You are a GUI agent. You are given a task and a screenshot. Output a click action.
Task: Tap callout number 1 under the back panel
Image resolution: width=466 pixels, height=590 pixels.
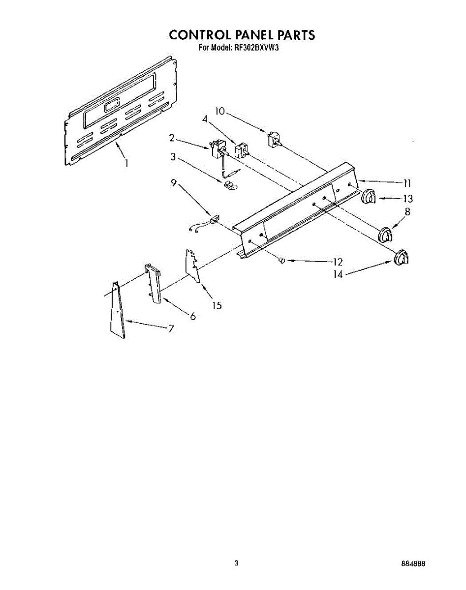[126, 163]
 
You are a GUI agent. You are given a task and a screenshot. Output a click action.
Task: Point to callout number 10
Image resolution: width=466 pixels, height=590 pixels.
[219, 111]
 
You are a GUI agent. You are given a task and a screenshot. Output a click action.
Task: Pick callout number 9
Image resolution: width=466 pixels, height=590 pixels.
[174, 182]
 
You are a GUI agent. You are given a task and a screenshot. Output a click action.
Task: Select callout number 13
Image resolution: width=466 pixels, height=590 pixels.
[407, 199]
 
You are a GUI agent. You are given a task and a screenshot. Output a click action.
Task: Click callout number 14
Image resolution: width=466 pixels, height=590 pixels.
[338, 274]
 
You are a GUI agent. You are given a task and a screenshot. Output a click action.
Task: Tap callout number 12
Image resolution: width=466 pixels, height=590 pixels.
[338, 262]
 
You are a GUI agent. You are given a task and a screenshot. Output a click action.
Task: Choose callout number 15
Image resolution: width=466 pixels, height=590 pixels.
[217, 305]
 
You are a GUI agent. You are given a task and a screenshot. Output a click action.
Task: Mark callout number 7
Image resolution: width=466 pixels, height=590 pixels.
[171, 329]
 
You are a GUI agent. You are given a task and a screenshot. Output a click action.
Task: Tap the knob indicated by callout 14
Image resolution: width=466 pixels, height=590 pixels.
[403, 258]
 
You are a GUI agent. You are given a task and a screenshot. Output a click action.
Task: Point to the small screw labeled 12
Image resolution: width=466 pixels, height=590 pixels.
[282, 261]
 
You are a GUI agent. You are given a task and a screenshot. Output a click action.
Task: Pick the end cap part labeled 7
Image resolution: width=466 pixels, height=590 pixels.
[117, 312]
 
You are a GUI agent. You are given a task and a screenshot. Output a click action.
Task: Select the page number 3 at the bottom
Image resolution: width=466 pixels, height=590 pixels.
[237, 563]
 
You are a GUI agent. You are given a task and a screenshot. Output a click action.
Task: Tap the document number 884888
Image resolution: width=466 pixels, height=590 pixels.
[412, 564]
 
